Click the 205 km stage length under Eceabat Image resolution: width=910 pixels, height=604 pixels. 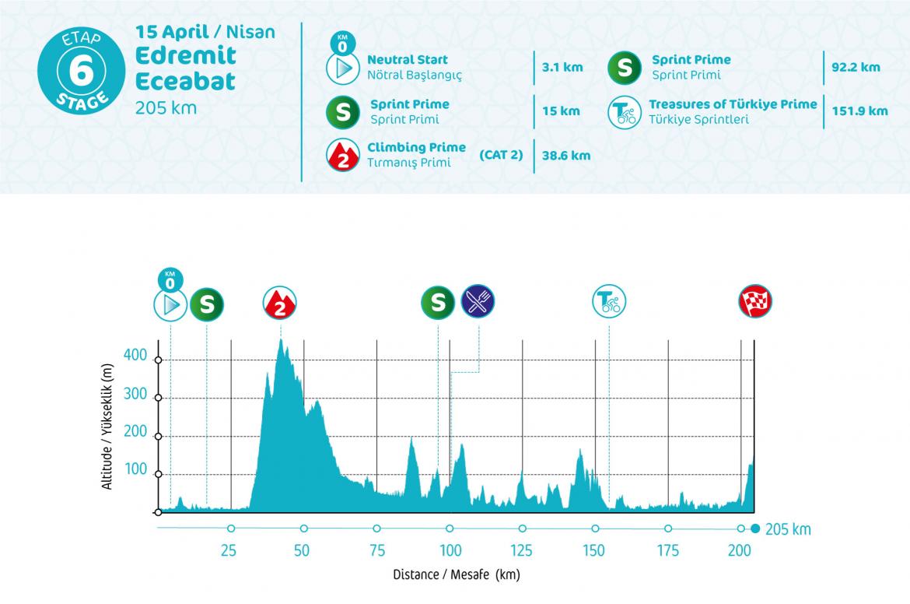click(x=166, y=107)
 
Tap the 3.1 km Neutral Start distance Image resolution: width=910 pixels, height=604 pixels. click(x=562, y=67)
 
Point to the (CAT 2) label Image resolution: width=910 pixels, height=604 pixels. click(x=501, y=155)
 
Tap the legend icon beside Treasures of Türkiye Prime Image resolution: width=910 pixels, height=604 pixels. click(x=623, y=111)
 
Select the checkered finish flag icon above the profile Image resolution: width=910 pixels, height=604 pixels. click(x=755, y=302)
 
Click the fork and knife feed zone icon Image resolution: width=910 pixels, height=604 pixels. click(x=478, y=300)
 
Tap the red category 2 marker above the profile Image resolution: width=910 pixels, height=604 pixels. click(x=280, y=303)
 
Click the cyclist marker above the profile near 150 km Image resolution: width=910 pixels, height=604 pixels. click(x=609, y=301)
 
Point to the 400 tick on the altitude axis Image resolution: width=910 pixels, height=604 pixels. click(x=135, y=356)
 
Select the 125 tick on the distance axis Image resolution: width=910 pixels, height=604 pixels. click(x=522, y=550)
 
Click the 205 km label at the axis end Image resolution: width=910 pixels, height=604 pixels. click(x=788, y=530)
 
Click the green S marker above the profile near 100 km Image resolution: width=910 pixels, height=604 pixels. click(x=438, y=302)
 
